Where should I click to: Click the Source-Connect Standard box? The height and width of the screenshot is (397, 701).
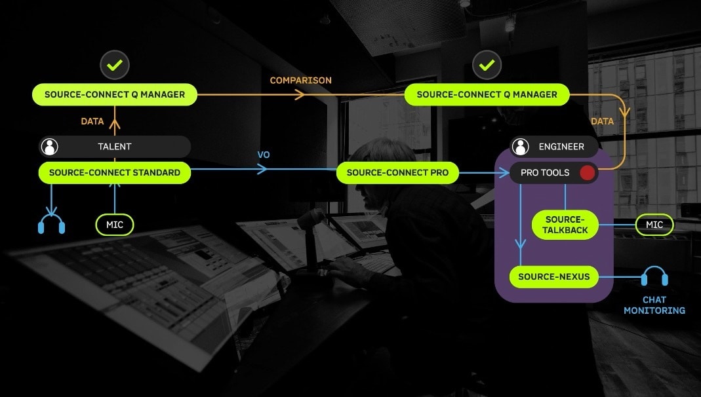(x=115, y=173)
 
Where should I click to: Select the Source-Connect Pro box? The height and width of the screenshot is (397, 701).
(x=397, y=173)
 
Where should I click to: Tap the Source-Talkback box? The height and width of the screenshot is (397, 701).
(x=565, y=225)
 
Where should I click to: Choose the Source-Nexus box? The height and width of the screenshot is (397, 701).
(x=554, y=277)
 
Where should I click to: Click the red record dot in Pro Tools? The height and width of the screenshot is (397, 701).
(x=587, y=173)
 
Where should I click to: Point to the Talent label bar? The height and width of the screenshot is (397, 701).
(x=115, y=147)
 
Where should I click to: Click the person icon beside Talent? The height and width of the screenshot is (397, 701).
(x=50, y=147)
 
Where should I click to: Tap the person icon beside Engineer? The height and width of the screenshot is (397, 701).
(x=521, y=147)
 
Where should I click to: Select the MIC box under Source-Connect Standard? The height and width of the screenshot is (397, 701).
(x=115, y=225)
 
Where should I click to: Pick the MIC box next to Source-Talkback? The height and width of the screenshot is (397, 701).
(x=654, y=225)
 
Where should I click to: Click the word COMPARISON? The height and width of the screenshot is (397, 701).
(x=300, y=81)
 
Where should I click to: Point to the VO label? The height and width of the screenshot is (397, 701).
(x=264, y=155)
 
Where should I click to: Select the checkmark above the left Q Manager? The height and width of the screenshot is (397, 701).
(x=115, y=66)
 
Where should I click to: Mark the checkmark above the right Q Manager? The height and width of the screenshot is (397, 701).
(x=487, y=66)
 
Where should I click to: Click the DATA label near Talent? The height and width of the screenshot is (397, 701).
(x=92, y=121)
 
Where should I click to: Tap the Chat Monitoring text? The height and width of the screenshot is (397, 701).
(x=654, y=305)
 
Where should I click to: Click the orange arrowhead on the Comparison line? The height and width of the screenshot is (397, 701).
(x=300, y=94)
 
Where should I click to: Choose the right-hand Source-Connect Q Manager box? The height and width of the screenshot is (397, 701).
(x=487, y=95)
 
